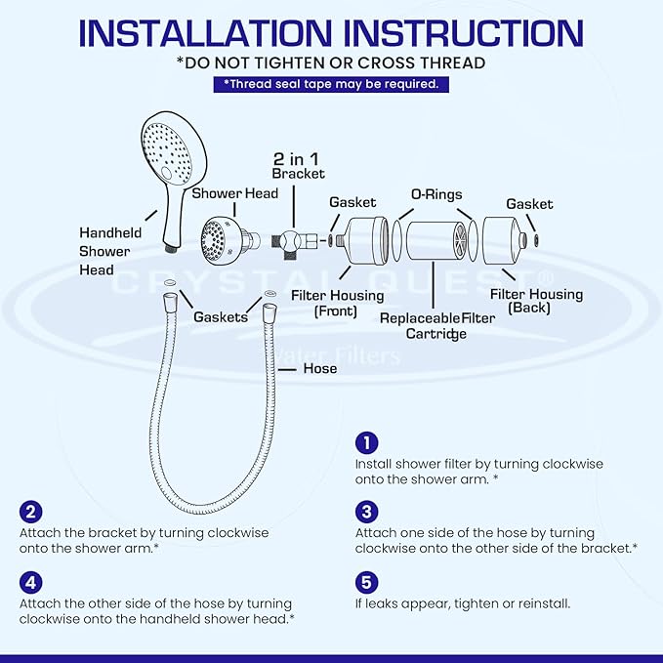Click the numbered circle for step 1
[366, 442]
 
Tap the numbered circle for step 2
[31, 512]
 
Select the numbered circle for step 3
[366, 512]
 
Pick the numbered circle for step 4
[31, 582]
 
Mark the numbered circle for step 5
[366, 582]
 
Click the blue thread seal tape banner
[331, 84]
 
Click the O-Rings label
[436, 194]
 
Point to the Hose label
[319, 368]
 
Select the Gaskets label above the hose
[220, 317]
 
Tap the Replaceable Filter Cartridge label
[436, 326]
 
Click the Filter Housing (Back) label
[535, 302]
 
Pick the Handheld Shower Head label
[110, 251]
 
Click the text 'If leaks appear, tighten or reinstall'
[477, 603]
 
